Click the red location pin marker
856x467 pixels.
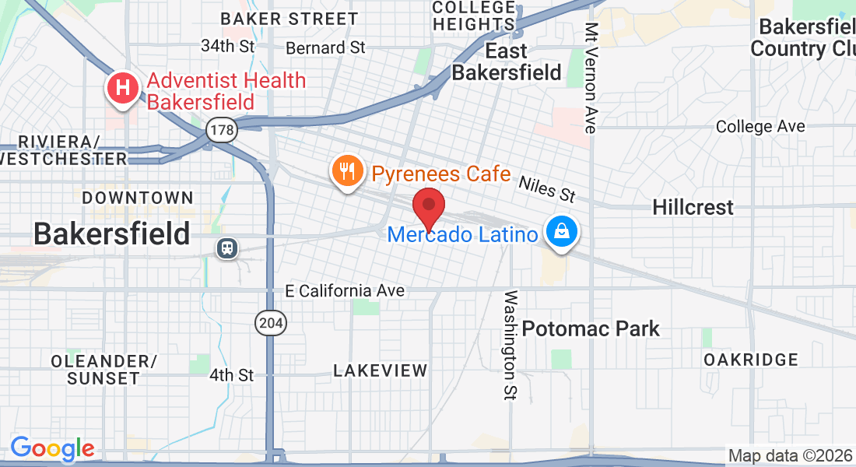[x=428, y=205]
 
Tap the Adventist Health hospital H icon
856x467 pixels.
[x=123, y=87]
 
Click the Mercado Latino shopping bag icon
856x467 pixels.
[x=561, y=232]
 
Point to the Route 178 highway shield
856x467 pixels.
[x=222, y=129]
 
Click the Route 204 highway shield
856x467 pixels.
[x=272, y=321]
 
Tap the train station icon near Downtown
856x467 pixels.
[x=227, y=248]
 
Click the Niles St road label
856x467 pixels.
[x=546, y=187]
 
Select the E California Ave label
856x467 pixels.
[x=345, y=290]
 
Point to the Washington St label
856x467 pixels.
[x=510, y=346]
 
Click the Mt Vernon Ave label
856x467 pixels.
[x=591, y=78]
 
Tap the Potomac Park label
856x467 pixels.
[x=591, y=328]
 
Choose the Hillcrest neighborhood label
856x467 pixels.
[x=693, y=207]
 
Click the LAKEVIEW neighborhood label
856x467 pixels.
[x=381, y=370]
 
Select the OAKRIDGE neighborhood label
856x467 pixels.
[x=751, y=360]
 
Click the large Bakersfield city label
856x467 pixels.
[x=112, y=233]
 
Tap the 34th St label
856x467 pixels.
[x=227, y=46]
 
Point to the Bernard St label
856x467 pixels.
[x=325, y=47]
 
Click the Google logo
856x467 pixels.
[x=52, y=448]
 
